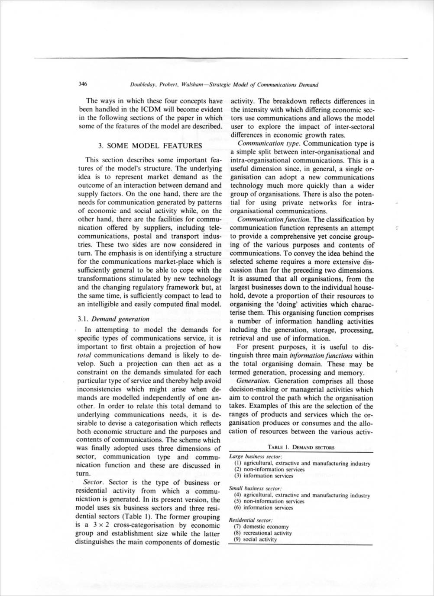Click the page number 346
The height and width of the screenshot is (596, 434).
(x=83, y=84)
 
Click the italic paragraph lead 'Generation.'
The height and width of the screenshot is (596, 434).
(x=254, y=381)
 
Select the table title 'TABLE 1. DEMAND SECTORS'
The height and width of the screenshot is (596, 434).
(x=301, y=447)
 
